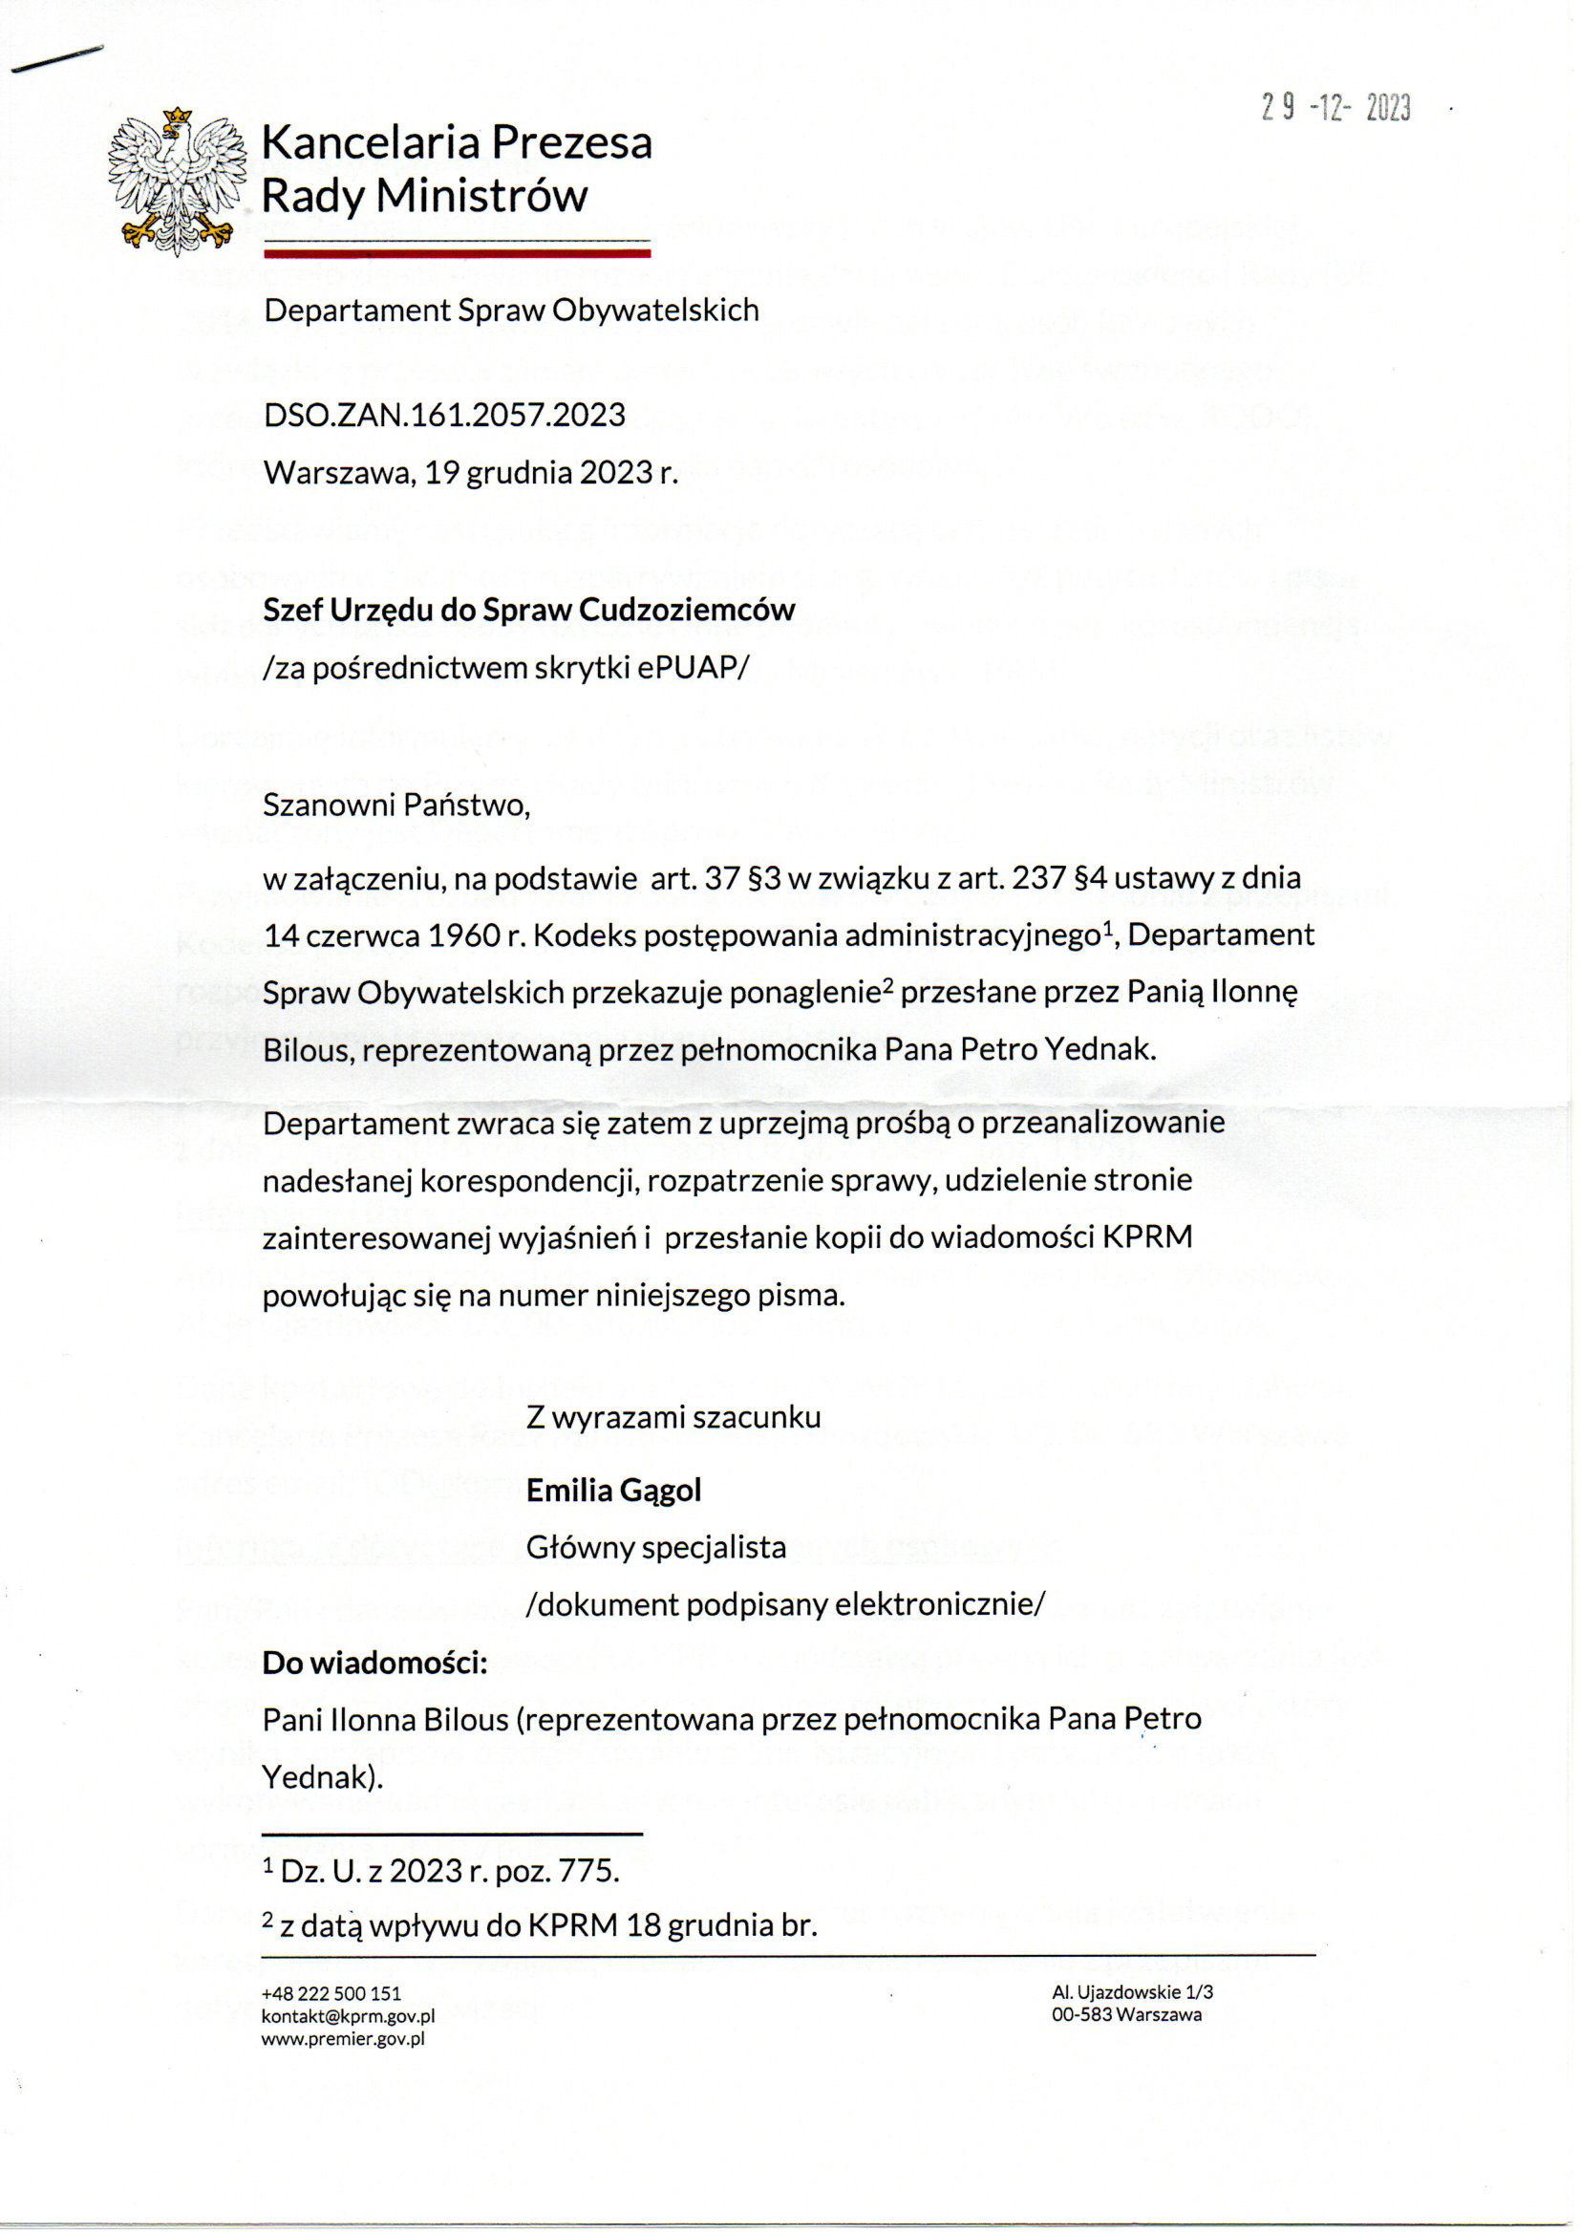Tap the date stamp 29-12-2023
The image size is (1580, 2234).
(1335, 107)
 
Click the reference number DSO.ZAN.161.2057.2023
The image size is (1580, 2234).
(444, 416)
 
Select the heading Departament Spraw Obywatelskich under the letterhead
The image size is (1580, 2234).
(512, 311)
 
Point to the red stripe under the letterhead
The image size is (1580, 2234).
(458, 253)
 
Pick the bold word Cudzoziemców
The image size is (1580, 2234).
(687, 610)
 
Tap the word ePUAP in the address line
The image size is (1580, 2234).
(687, 669)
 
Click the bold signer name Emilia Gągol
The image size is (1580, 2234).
(614, 1491)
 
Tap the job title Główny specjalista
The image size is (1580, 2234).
(655, 1547)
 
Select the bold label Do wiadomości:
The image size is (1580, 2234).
(374, 1663)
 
